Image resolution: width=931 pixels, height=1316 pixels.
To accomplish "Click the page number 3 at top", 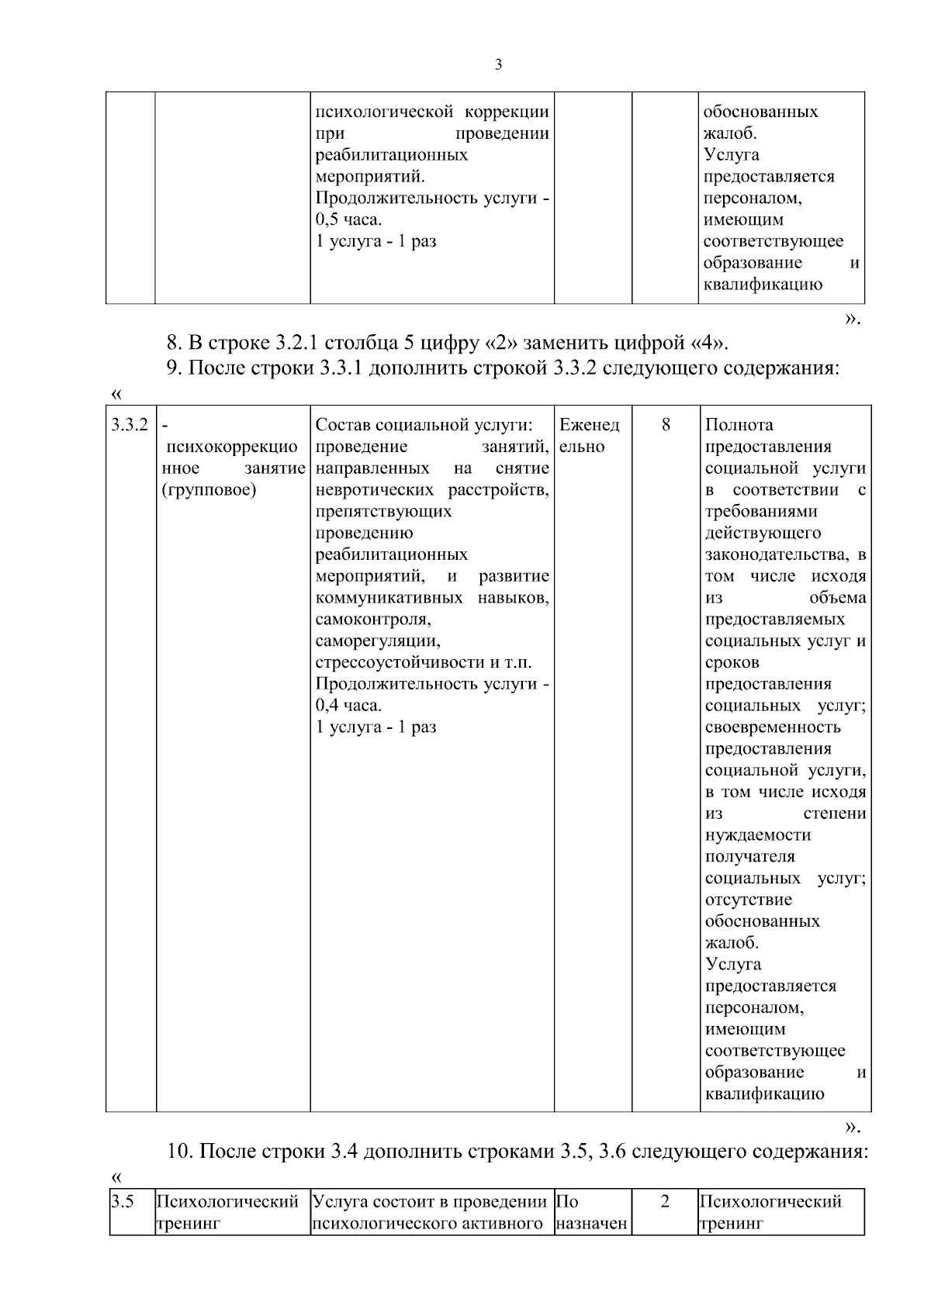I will tap(498, 65).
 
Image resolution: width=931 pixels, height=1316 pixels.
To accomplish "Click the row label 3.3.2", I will tap(129, 425).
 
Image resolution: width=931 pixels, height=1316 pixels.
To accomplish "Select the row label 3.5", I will tap(122, 1202).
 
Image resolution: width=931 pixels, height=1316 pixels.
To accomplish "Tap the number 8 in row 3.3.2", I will tap(666, 425).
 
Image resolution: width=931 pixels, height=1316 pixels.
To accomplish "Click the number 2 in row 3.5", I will tap(664, 1202).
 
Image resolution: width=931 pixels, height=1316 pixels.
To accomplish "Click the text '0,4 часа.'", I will tap(349, 706).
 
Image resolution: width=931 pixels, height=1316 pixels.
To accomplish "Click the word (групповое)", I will tap(209, 490).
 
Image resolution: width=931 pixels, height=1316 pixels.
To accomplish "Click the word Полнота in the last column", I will tap(739, 425).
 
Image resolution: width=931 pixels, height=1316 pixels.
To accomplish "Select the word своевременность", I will tap(773, 727).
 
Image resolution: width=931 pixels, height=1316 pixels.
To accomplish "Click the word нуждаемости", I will tap(758, 835).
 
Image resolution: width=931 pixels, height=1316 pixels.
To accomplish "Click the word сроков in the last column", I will tap(732, 663).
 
